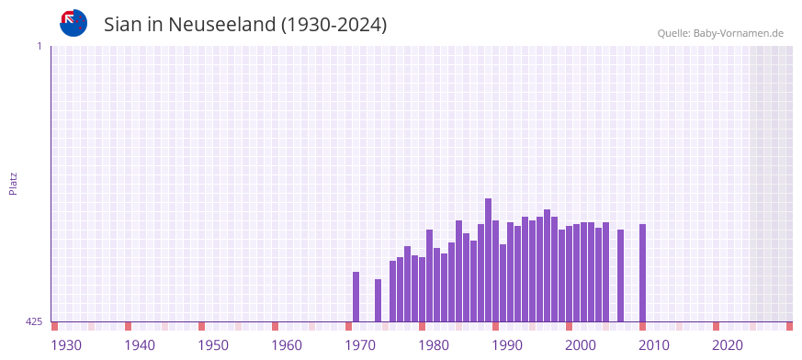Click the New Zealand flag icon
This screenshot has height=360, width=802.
[73, 23]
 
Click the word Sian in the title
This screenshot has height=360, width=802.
[125, 25]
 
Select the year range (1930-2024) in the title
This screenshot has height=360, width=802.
[334, 25]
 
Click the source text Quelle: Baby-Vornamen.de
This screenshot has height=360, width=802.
[719, 33]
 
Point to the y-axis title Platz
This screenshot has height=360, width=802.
[13, 183]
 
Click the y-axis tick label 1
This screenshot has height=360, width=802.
[39, 46]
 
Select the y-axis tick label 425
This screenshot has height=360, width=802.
[34, 321]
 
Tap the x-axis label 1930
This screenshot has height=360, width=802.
[66, 345]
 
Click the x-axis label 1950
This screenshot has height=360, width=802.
[213, 345]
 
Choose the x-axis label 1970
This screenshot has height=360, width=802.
[360, 345]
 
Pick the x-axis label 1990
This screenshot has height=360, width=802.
[507, 345]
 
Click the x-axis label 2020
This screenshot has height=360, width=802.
[728, 345]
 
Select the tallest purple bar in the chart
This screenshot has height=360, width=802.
[488, 260]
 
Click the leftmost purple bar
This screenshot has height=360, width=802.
[356, 297]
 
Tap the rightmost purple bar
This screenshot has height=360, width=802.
[642, 273]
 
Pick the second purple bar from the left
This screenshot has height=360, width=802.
[378, 300]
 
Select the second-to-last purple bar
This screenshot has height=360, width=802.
[620, 276]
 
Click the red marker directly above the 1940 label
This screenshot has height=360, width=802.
[128, 326]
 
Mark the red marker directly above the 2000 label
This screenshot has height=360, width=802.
[569, 326]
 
